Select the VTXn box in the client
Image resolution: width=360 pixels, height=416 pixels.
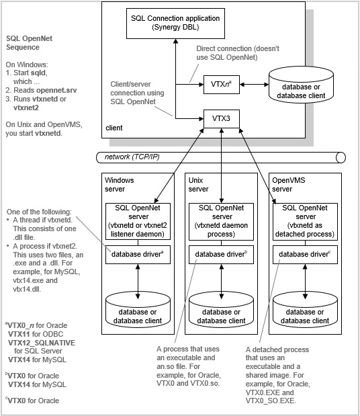(221, 85)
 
